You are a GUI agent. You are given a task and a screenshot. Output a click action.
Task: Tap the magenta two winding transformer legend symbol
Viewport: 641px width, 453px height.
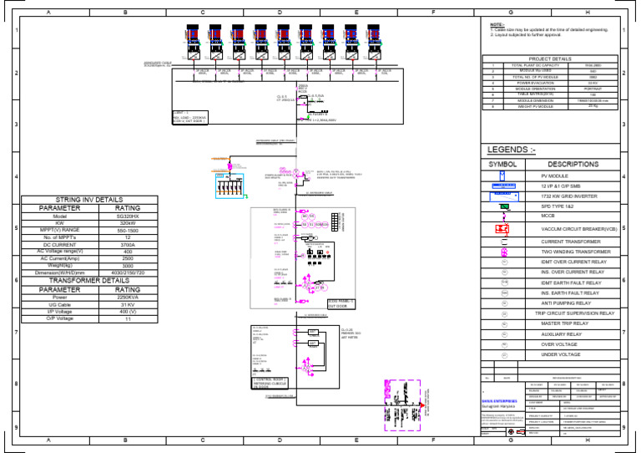(503, 252)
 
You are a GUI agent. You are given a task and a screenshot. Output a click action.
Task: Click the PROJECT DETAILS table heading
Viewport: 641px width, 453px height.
(550, 59)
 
